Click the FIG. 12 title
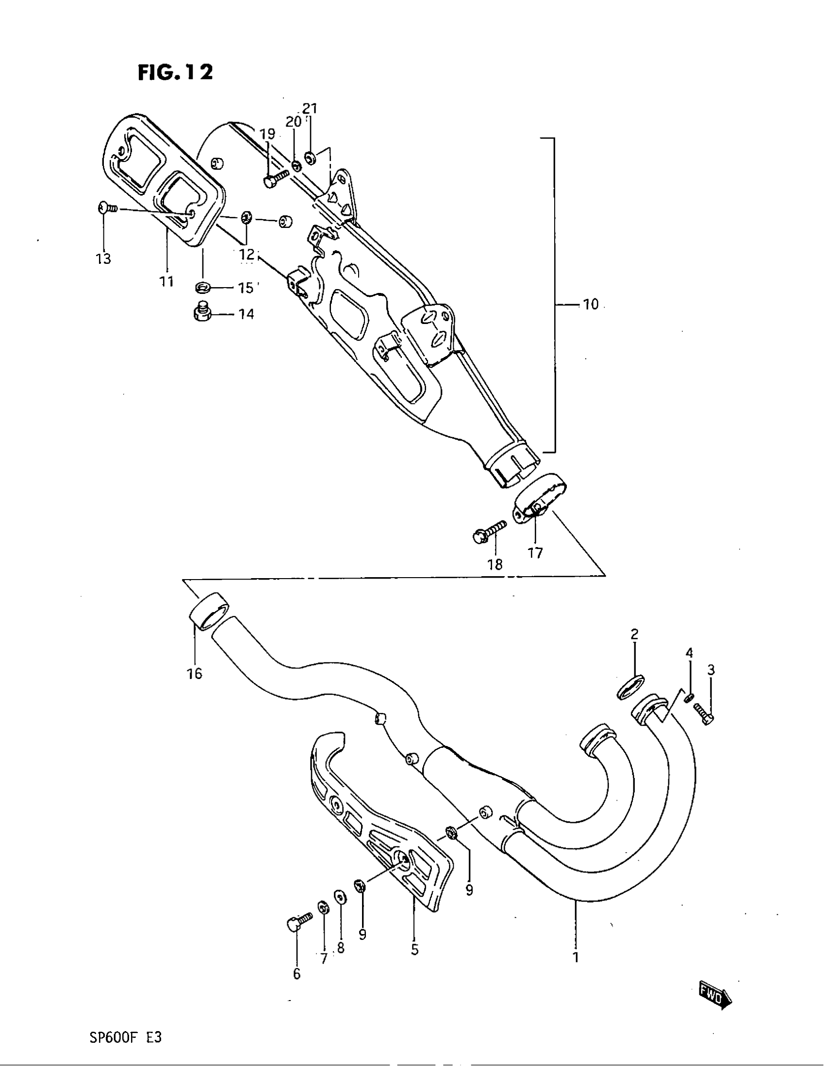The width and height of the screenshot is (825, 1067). click(176, 73)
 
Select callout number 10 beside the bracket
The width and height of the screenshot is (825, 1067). click(591, 305)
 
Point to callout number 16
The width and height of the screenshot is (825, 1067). click(195, 674)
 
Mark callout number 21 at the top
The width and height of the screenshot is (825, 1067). click(310, 108)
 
